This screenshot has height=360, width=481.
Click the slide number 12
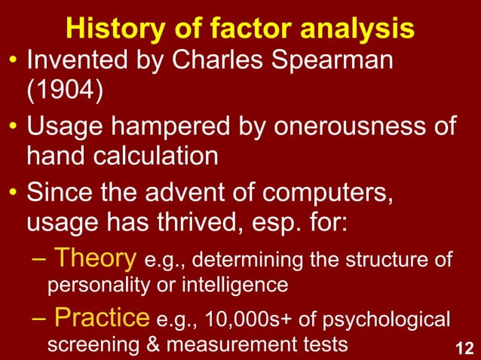tap(464, 347)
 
